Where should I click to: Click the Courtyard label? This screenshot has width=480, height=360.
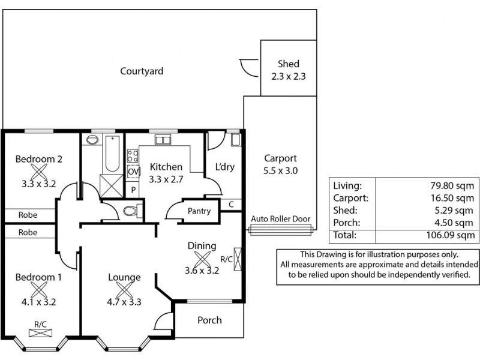pyautogui.click(x=142, y=71)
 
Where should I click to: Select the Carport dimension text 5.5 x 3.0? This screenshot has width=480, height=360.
pyautogui.click(x=280, y=170)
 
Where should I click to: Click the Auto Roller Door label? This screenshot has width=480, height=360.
pyautogui.click(x=280, y=219)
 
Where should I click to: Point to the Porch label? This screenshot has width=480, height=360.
pyautogui.click(x=209, y=320)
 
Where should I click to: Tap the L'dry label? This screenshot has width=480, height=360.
pyautogui.click(x=224, y=167)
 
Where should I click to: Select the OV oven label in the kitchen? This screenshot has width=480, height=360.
pyautogui.click(x=133, y=172)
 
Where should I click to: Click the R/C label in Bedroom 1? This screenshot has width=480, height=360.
pyautogui.click(x=40, y=324)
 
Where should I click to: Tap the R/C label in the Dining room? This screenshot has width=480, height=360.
pyautogui.click(x=227, y=260)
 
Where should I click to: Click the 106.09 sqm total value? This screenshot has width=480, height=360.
pyautogui.click(x=455, y=235)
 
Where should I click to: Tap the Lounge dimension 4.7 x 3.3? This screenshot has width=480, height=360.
pyautogui.click(x=124, y=302)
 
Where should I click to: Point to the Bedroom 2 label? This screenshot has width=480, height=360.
pyautogui.click(x=39, y=159)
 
